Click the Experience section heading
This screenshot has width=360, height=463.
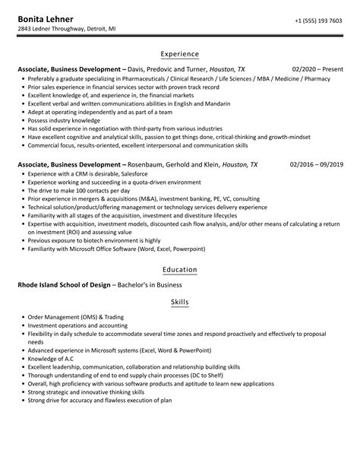tap(180, 54)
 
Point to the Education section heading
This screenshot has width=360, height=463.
tap(180, 270)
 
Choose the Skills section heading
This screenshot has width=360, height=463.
tap(180, 302)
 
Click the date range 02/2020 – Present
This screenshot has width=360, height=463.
tap(318, 68)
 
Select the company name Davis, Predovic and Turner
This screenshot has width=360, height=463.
tap(169, 68)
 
